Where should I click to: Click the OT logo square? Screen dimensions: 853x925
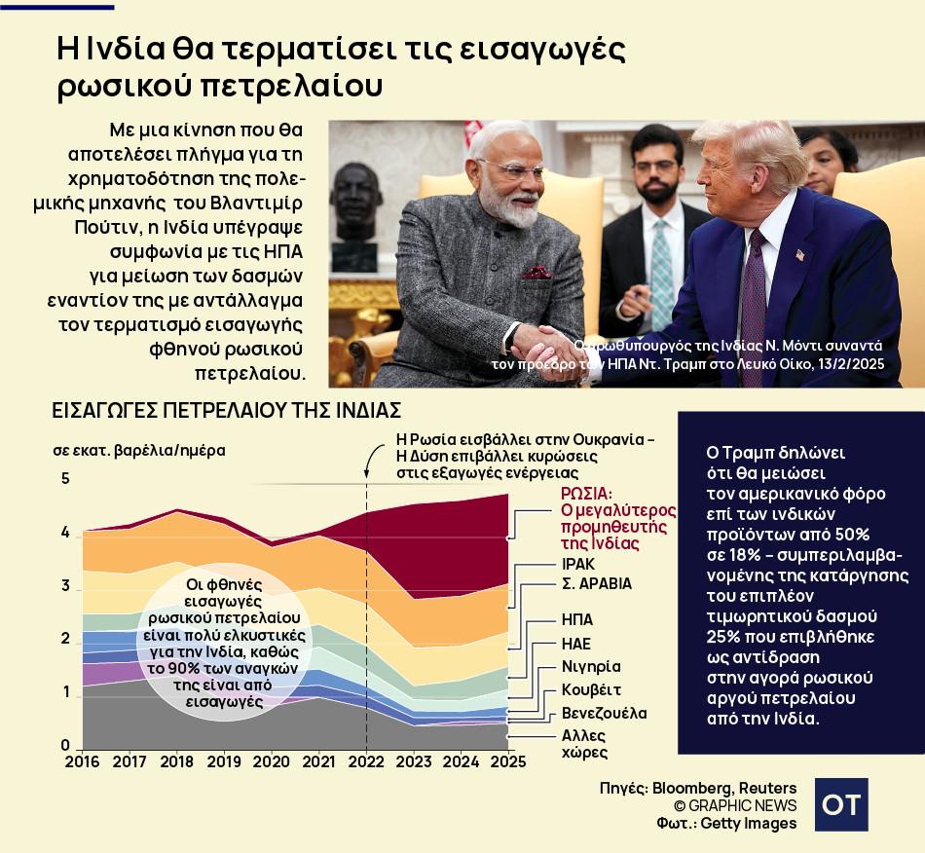[x=841, y=804]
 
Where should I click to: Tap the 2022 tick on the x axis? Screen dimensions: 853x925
[x=366, y=761]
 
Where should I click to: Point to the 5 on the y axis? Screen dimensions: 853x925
[x=65, y=479]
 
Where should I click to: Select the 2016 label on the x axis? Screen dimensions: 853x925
[x=83, y=761]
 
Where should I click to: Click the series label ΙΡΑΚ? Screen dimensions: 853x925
[x=578, y=564]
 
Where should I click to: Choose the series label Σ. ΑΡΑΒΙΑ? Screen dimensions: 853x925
[x=597, y=584]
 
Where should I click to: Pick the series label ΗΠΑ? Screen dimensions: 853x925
[x=577, y=620]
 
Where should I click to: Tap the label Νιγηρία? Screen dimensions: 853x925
[x=591, y=667]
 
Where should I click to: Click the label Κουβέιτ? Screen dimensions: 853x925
[x=592, y=690]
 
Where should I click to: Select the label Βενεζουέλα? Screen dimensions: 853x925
[x=604, y=714]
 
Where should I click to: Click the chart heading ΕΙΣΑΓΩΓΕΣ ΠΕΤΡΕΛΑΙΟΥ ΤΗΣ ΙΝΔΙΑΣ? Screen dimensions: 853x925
[x=226, y=411]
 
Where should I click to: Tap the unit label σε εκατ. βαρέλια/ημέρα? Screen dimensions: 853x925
[x=138, y=451]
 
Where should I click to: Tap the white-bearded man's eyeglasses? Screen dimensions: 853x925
[x=512, y=168]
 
